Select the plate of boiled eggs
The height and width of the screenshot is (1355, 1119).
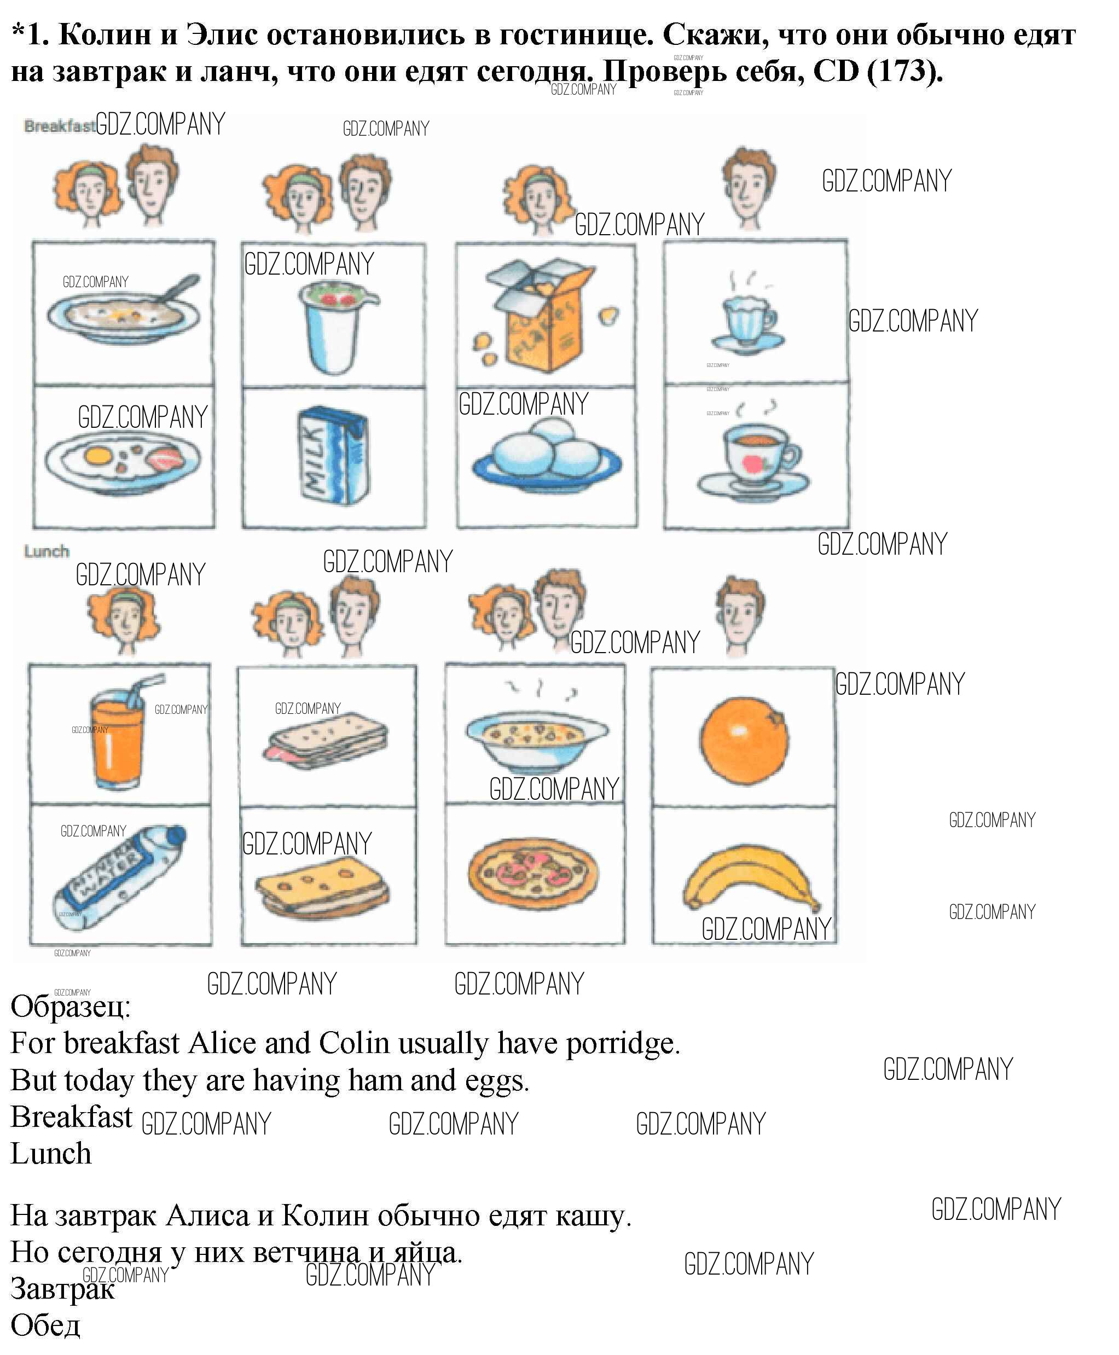pyautogui.click(x=547, y=453)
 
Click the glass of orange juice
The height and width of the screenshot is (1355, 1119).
pyautogui.click(x=119, y=733)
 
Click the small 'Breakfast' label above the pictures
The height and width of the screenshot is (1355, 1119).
pyautogui.click(x=59, y=126)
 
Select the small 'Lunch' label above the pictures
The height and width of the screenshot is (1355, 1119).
pyautogui.click(x=47, y=551)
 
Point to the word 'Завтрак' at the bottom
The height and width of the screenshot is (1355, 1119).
pyautogui.click(x=63, y=1289)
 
